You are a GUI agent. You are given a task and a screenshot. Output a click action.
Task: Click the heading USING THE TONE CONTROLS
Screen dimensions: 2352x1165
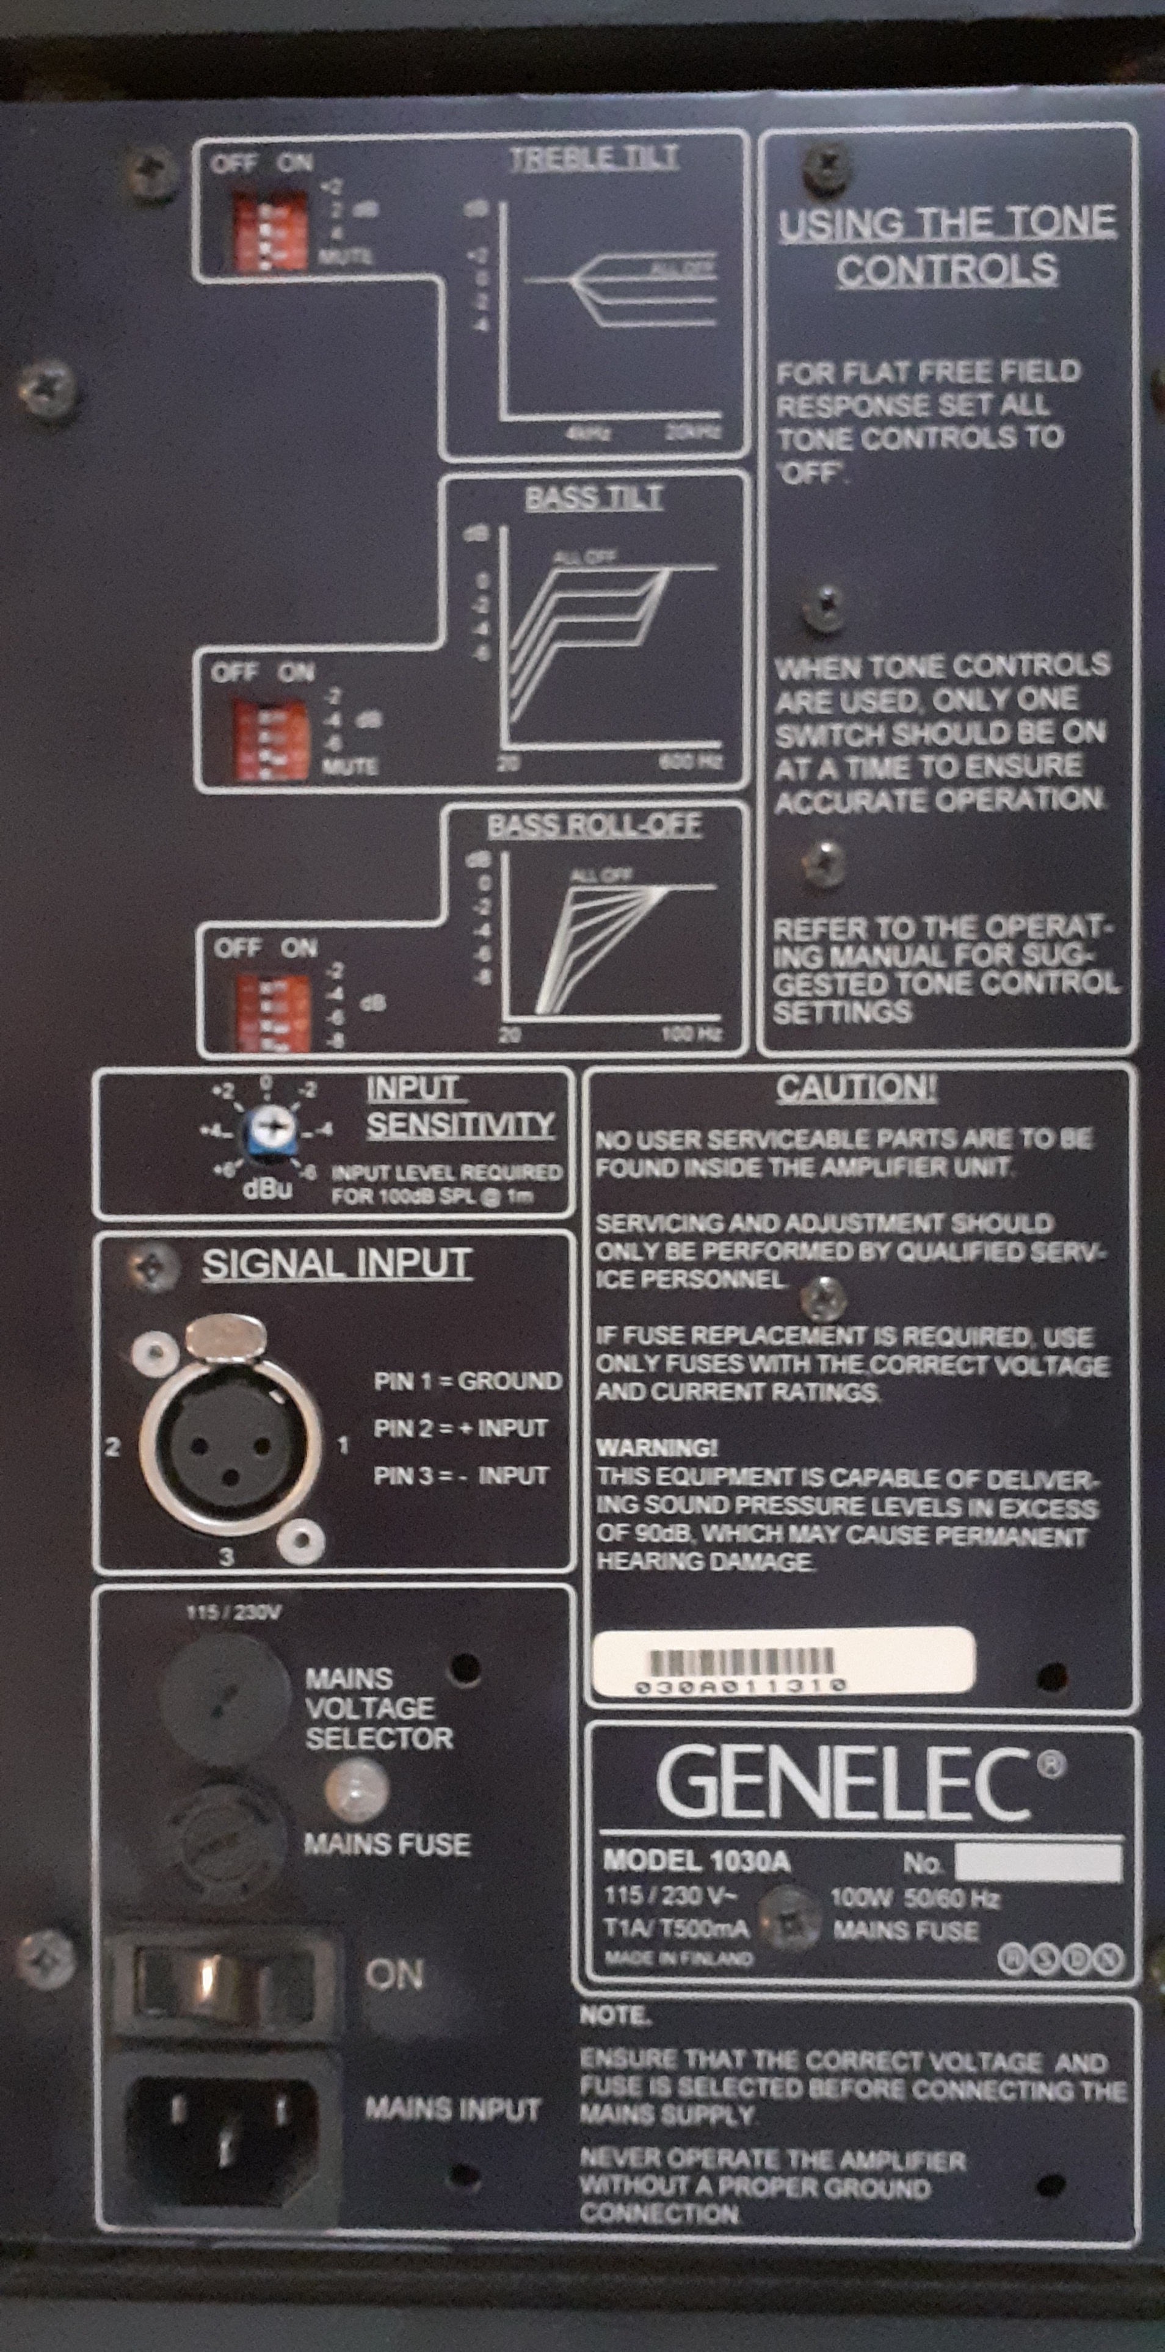pyautogui.click(x=947, y=245)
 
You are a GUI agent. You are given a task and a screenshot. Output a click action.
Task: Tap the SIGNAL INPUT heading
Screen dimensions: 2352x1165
pyautogui.click(x=336, y=1265)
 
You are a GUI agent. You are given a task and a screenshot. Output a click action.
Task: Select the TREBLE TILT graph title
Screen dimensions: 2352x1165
pyautogui.click(x=593, y=158)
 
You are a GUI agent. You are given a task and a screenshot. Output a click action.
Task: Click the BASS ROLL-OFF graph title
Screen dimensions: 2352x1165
pyautogui.click(x=593, y=826)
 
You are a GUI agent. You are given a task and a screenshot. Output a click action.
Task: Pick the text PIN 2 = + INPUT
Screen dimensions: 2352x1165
pyautogui.click(x=460, y=1428)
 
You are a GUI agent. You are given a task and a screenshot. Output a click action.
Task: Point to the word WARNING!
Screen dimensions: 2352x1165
pyautogui.click(x=656, y=1448)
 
